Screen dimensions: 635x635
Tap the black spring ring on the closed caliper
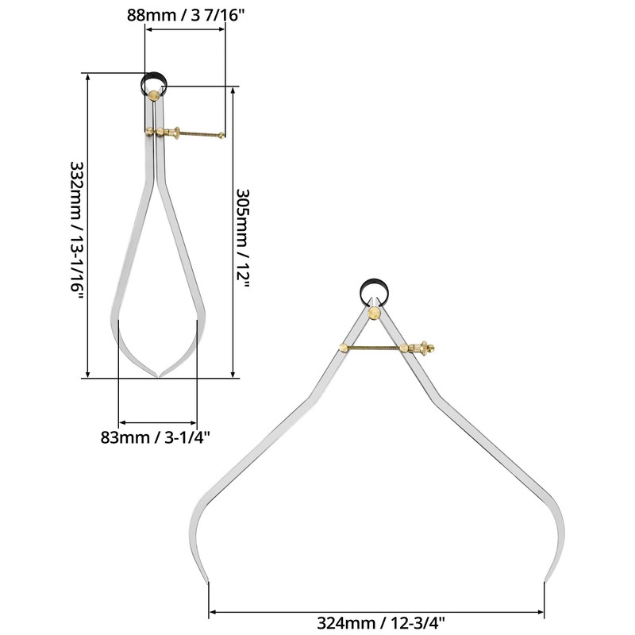[x=155, y=79]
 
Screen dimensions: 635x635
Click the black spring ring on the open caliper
[x=375, y=289]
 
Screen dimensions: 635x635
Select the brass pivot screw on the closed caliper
[x=153, y=97]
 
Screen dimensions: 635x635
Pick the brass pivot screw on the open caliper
[x=375, y=314]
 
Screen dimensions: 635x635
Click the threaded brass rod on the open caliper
[x=377, y=346]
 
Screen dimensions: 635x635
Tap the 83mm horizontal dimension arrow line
[x=157, y=422]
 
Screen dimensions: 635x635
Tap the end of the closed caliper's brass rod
[x=222, y=135]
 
